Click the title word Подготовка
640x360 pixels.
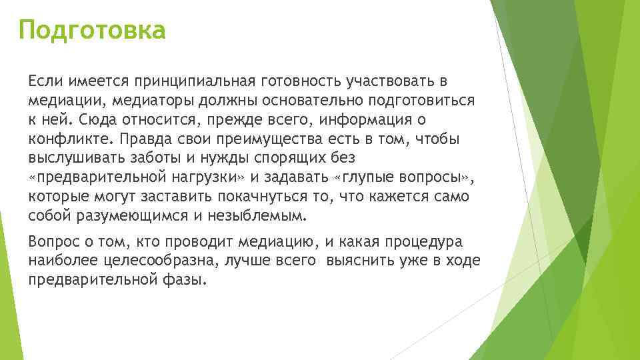[92, 31]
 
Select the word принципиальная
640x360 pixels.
[193, 81]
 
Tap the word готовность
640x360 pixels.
[301, 81]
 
